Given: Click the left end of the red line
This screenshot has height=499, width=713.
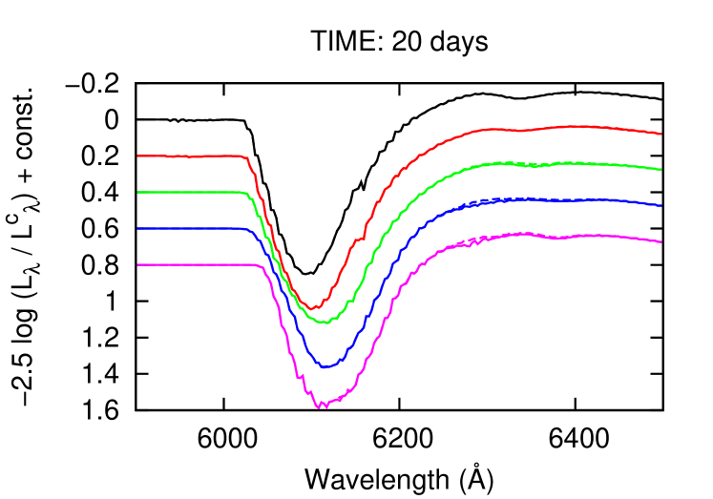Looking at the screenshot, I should [138, 156].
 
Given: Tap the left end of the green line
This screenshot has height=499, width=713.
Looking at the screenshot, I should [138, 192].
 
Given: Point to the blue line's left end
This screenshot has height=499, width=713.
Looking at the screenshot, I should [138, 229].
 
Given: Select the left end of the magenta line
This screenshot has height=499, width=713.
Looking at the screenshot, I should [138, 264].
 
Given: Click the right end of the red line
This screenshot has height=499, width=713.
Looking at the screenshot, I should [661, 134].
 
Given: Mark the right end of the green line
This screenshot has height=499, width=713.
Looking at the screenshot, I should [661, 169].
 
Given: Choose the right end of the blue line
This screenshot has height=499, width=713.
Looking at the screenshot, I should [661, 205].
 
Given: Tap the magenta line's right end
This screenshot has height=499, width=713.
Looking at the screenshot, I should [661, 241].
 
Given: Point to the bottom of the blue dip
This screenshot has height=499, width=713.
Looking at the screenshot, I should [325, 367].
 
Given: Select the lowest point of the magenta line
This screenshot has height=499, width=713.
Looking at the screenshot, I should [321, 407].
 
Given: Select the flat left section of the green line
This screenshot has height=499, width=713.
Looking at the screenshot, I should [191, 192].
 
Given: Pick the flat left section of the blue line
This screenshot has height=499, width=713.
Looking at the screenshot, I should [191, 229].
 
